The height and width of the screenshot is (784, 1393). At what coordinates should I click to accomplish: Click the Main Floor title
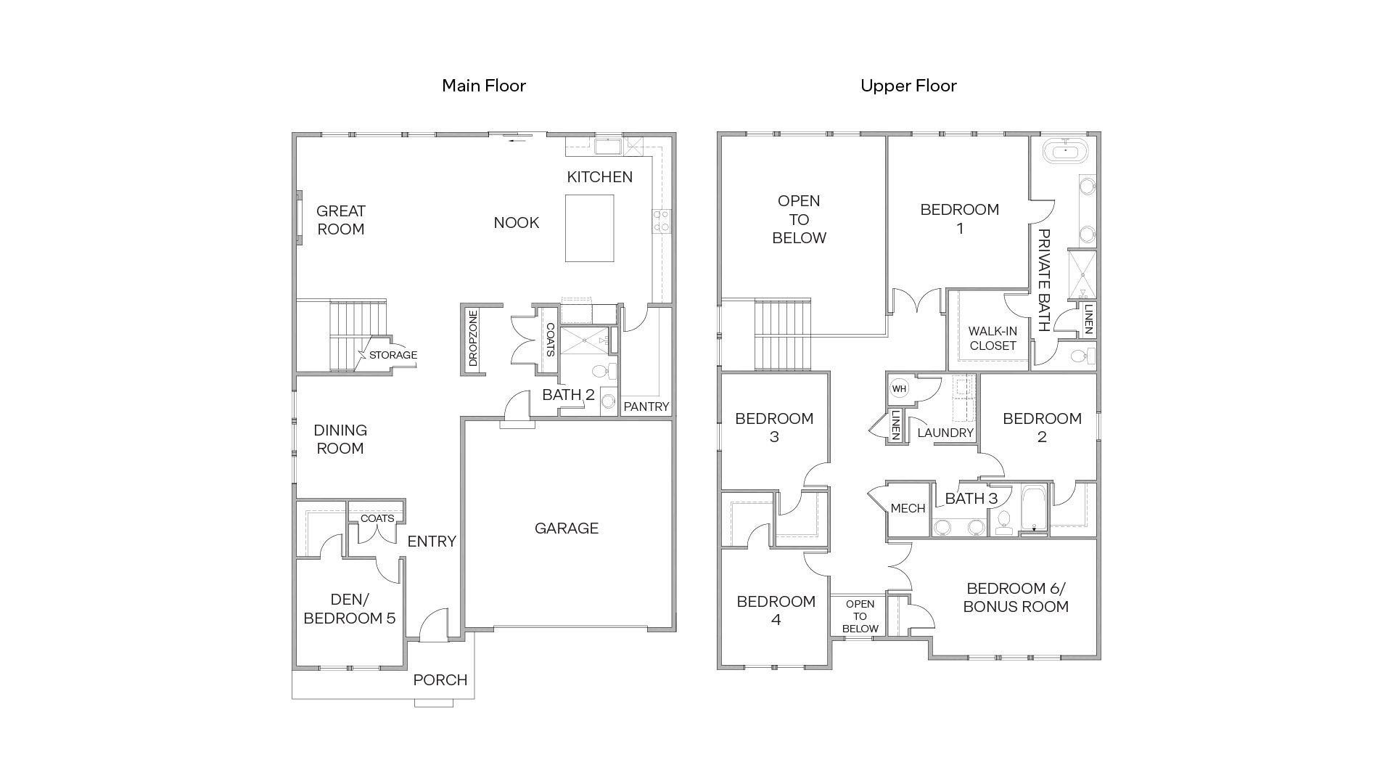pos(484,86)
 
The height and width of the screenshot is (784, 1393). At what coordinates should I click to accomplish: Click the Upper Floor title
pos(908,86)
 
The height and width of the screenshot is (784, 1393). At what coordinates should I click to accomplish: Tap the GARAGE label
pos(567,528)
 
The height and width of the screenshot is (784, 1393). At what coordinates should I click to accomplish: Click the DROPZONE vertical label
pos(473,339)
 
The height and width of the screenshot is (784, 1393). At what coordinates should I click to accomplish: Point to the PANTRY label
pos(646,407)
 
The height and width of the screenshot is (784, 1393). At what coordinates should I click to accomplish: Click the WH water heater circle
pos(900,388)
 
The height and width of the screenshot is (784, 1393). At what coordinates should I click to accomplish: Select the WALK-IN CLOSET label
pos(993,338)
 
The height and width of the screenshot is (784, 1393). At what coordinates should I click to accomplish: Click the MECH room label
pos(908,508)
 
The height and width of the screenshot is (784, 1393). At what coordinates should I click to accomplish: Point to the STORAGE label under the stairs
pos(393,355)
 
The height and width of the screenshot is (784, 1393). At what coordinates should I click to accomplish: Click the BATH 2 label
pos(568,395)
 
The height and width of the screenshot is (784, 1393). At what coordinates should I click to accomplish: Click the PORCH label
pos(440,680)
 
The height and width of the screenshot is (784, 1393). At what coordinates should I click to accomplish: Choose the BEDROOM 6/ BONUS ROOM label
pos(1016,597)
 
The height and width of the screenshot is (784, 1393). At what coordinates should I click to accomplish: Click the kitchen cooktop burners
pos(661,221)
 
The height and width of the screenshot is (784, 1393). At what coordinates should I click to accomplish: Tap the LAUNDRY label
pos(945,433)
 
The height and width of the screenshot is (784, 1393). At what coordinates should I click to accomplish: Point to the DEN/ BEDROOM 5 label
pos(350,609)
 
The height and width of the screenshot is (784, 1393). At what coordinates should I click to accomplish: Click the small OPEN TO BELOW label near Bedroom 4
pos(860,616)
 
